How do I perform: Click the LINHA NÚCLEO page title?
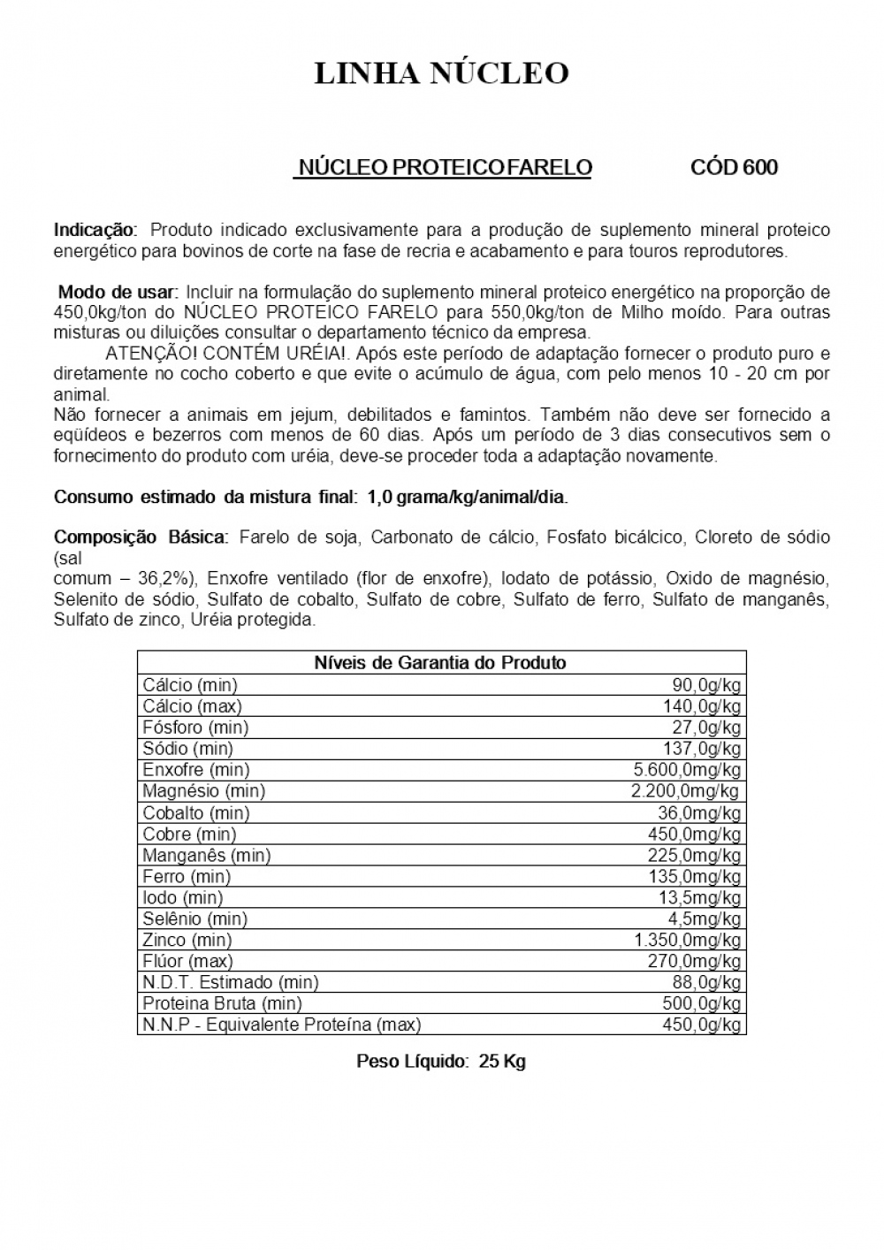[x=441, y=74]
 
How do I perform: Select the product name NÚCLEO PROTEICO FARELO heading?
[x=443, y=168]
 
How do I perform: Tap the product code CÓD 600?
[x=734, y=168]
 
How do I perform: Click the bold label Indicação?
[x=95, y=230]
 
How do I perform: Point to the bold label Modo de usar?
[x=118, y=292]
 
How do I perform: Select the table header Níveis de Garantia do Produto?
[x=440, y=662]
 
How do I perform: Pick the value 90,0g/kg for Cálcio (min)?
[x=706, y=685]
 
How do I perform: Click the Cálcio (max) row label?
[x=192, y=706]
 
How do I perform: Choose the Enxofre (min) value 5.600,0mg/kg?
[x=687, y=770]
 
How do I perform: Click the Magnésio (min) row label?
[x=203, y=791]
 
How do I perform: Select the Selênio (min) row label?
[x=194, y=918]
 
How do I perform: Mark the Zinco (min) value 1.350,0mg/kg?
[x=687, y=940]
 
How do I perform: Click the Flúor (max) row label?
[x=187, y=961]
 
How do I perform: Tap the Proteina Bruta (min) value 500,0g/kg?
[x=702, y=1003]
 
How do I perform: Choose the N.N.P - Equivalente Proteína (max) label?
[x=281, y=1025]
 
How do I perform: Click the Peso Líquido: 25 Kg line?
[x=440, y=1061]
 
